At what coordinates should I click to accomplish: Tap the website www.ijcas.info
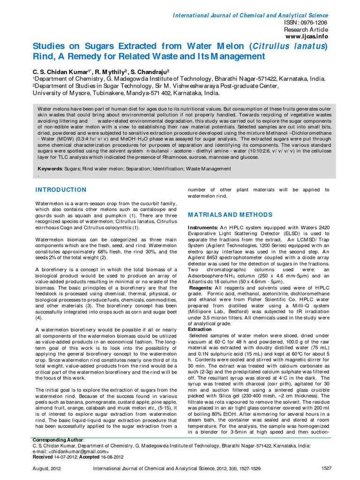click(x=307, y=36)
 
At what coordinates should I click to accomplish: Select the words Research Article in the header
click(x=308, y=29)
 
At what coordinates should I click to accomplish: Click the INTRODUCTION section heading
click(x=61, y=190)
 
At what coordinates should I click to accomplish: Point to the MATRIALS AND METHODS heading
click(x=230, y=215)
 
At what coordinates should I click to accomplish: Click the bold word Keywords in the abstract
click(x=50, y=169)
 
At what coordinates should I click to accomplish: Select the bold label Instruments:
click(x=203, y=227)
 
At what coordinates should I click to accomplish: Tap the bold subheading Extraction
click(x=200, y=330)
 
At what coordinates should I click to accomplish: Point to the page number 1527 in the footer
click(x=326, y=468)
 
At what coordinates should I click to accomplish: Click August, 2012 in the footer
click(x=46, y=468)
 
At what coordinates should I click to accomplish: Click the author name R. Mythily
click(x=110, y=71)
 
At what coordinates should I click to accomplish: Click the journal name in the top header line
click(x=251, y=15)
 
